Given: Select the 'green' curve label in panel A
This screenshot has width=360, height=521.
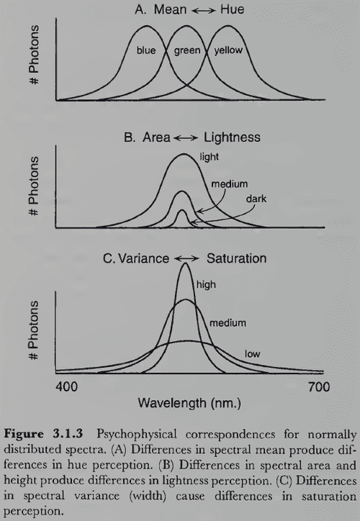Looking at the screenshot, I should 187,51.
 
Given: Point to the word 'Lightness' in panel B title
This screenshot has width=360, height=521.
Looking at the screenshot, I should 230,137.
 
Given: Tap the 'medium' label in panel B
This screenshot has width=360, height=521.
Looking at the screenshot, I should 229,184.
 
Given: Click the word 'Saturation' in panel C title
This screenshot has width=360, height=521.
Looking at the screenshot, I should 237,258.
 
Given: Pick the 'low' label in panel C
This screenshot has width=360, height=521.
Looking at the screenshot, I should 252,353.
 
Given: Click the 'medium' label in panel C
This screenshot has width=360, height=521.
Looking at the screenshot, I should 228,322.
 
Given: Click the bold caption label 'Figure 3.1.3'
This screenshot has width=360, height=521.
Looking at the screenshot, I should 48,434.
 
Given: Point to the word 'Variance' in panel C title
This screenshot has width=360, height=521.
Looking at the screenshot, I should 144,258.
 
